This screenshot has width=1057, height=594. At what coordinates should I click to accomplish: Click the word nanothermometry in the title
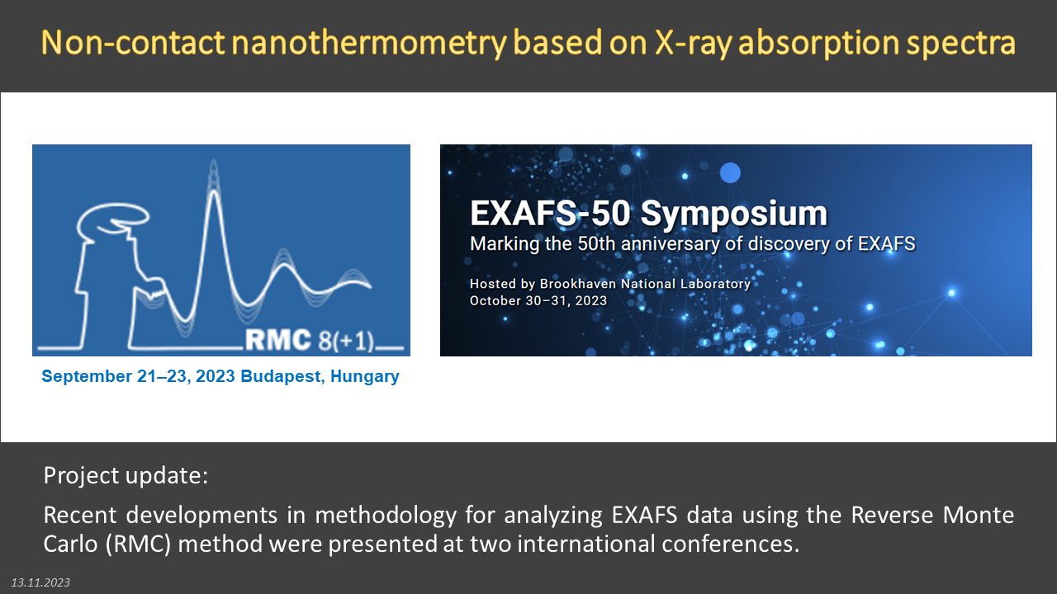coord(368,43)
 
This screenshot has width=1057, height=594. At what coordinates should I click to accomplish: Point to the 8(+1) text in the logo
coord(346,341)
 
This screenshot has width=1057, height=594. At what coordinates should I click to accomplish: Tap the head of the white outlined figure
coord(113,222)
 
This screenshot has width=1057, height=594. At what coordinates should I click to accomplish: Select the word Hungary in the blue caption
coord(365,377)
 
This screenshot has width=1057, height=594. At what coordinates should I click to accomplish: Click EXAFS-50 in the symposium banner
coord(550,214)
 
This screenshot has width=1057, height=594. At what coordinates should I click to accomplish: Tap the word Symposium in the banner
coord(734,214)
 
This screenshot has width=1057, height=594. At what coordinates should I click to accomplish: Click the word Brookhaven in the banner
coord(578,283)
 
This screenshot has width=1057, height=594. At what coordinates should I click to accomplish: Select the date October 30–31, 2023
coord(538,300)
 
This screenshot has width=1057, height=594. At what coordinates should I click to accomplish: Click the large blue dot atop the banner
coord(730,173)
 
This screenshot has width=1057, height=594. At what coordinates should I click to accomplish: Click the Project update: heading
coord(126,475)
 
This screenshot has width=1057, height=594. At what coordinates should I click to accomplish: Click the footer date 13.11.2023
coord(40,582)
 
